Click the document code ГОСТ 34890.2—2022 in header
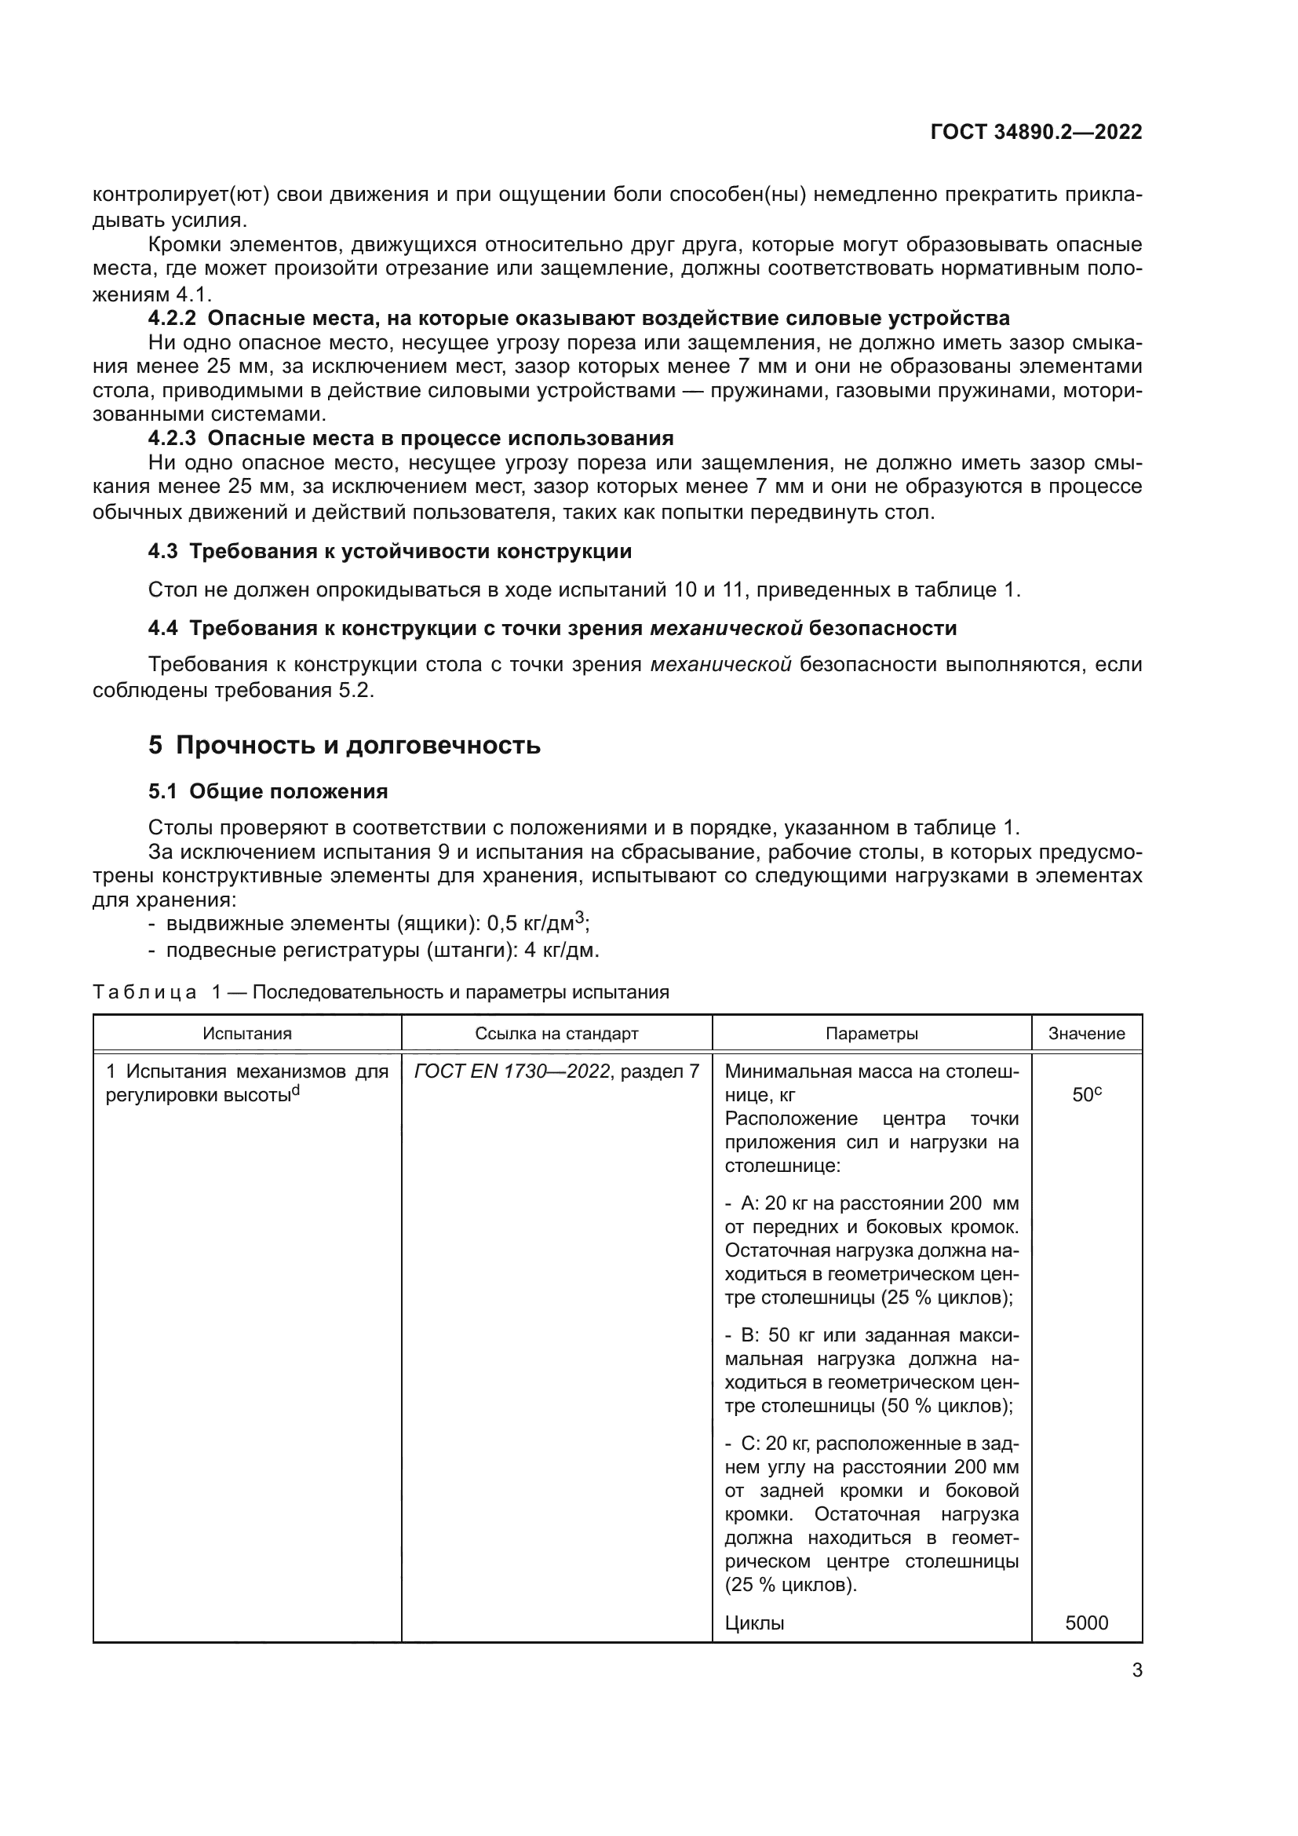pyautogui.click(x=1036, y=132)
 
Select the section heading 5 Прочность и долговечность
pyautogui.click(x=345, y=745)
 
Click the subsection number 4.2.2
pyautogui.click(x=172, y=318)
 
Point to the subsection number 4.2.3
pyautogui.click(x=172, y=438)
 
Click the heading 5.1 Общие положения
pyautogui.click(x=268, y=792)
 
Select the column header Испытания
pyautogui.click(x=247, y=1033)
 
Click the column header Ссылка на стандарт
pyautogui.click(x=556, y=1033)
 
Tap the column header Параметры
pyautogui.click(x=871, y=1033)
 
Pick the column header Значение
pyautogui.click(x=1086, y=1033)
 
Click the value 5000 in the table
pyautogui.click(x=1086, y=1622)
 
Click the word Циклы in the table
pyautogui.click(x=753, y=1622)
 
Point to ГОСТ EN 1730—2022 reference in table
pyautogui.click(x=512, y=1071)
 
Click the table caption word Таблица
pyautogui.click(x=144, y=992)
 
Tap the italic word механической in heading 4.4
pyautogui.click(x=726, y=629)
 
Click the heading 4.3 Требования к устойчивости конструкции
pyautogui.click(x=390, y=552)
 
